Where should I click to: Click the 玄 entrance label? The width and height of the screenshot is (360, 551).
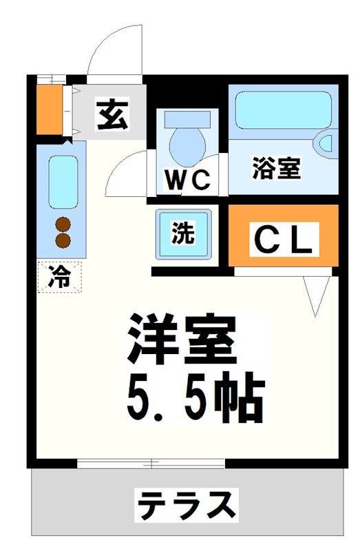click(112, 115)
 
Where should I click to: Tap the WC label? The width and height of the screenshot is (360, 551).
click(187, 180)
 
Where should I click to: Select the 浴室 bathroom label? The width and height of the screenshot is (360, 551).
click(277, 168)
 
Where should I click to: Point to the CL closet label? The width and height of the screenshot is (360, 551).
click(284, 240)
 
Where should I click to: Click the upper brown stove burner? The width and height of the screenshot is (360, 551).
click(63, 224)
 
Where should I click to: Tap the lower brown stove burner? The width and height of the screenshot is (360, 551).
click(63, 240)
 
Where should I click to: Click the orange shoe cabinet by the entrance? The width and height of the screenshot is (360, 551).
click(48, 109)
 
